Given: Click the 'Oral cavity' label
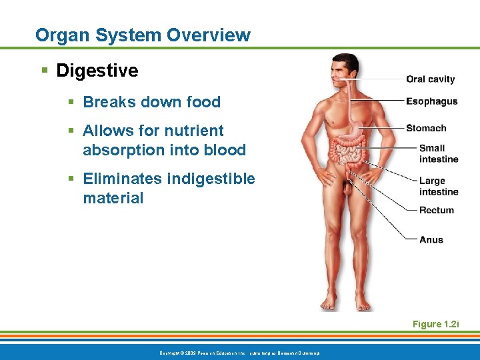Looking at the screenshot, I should pyautogui.click(x=430, y=79).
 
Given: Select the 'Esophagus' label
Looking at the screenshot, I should pyautogui.click(x=431, y=101).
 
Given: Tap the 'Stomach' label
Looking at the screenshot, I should pyautogui.click(x=426, y=128).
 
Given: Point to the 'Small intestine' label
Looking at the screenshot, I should pyautogui.click(x=438, y=153).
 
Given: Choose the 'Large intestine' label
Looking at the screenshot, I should pyautogui.click(x=438, y=186).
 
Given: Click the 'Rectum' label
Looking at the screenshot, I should pyautogui.click(x=436, y=210).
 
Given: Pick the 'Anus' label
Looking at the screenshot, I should pyautogui.click(x=431, y=239).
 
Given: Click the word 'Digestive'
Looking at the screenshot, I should pyautogui.click(x=97, y=71).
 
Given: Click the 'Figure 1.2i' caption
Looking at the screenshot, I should pyautogui.click(x=436, y=324).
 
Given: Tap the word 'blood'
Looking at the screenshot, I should pyautogui.click(x=223, y=150).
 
